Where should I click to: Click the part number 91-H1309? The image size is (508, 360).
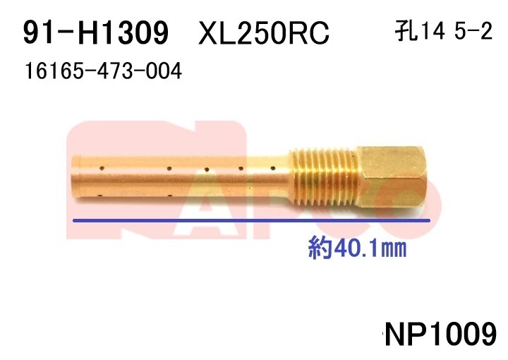point(96,32)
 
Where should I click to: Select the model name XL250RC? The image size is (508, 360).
point(264,32)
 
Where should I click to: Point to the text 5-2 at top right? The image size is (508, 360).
point(473,32)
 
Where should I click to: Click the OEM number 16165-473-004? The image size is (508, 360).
point(103,71)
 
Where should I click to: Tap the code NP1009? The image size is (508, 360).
point(440,334)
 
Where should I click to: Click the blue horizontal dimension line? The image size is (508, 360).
point(251,221)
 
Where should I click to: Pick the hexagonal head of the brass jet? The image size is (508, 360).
point(393,176)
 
